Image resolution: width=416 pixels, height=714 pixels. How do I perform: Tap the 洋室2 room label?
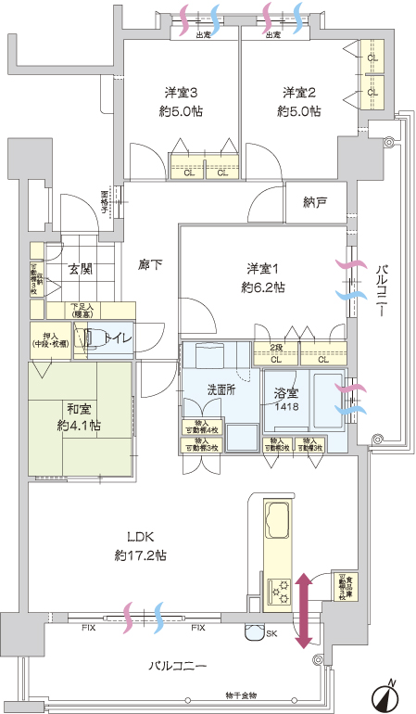[299, 93]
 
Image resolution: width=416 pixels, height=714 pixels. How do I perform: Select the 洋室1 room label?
[261, 269]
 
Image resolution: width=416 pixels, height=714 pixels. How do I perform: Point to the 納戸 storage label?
[314, 202]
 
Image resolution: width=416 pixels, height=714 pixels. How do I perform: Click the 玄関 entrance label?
[79, 269]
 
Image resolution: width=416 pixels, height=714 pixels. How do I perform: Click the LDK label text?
[141, 538]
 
